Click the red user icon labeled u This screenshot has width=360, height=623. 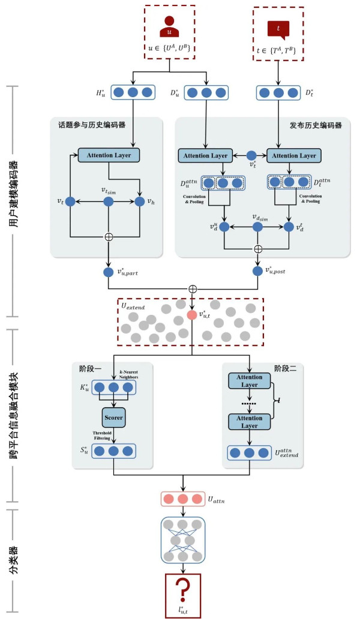tap(169, 27)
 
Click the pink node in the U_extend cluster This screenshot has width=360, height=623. tap(192, 315)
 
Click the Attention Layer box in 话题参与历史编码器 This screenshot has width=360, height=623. tap(109, 155)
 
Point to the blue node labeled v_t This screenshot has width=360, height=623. tap(70, 202)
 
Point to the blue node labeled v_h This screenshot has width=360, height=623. tap(140, 202)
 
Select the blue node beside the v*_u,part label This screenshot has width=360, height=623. tap(109, 272)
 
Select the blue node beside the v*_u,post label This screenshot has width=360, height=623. tap(257, 270)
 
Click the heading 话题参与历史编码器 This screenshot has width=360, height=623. tap(92, 126)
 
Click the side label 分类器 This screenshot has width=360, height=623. tap(13, 560)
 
